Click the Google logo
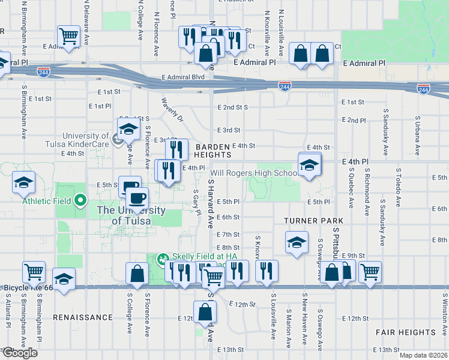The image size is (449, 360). [x=20, y=353]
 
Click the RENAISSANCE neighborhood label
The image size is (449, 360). [x=82, y=317]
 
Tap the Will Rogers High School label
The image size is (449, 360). [x=253, y=173]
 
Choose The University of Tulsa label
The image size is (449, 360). [x=131, y=215]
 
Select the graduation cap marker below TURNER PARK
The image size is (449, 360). [x=297, y=242]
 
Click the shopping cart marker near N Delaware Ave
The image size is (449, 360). [x=69, y=37]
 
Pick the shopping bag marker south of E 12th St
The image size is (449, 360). [x=205, y=312]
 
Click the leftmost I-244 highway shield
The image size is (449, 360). [x=43, y=72]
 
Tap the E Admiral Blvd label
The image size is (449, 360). [x=184, y=77]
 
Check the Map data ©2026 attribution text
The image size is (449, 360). [x=423, y=355]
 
